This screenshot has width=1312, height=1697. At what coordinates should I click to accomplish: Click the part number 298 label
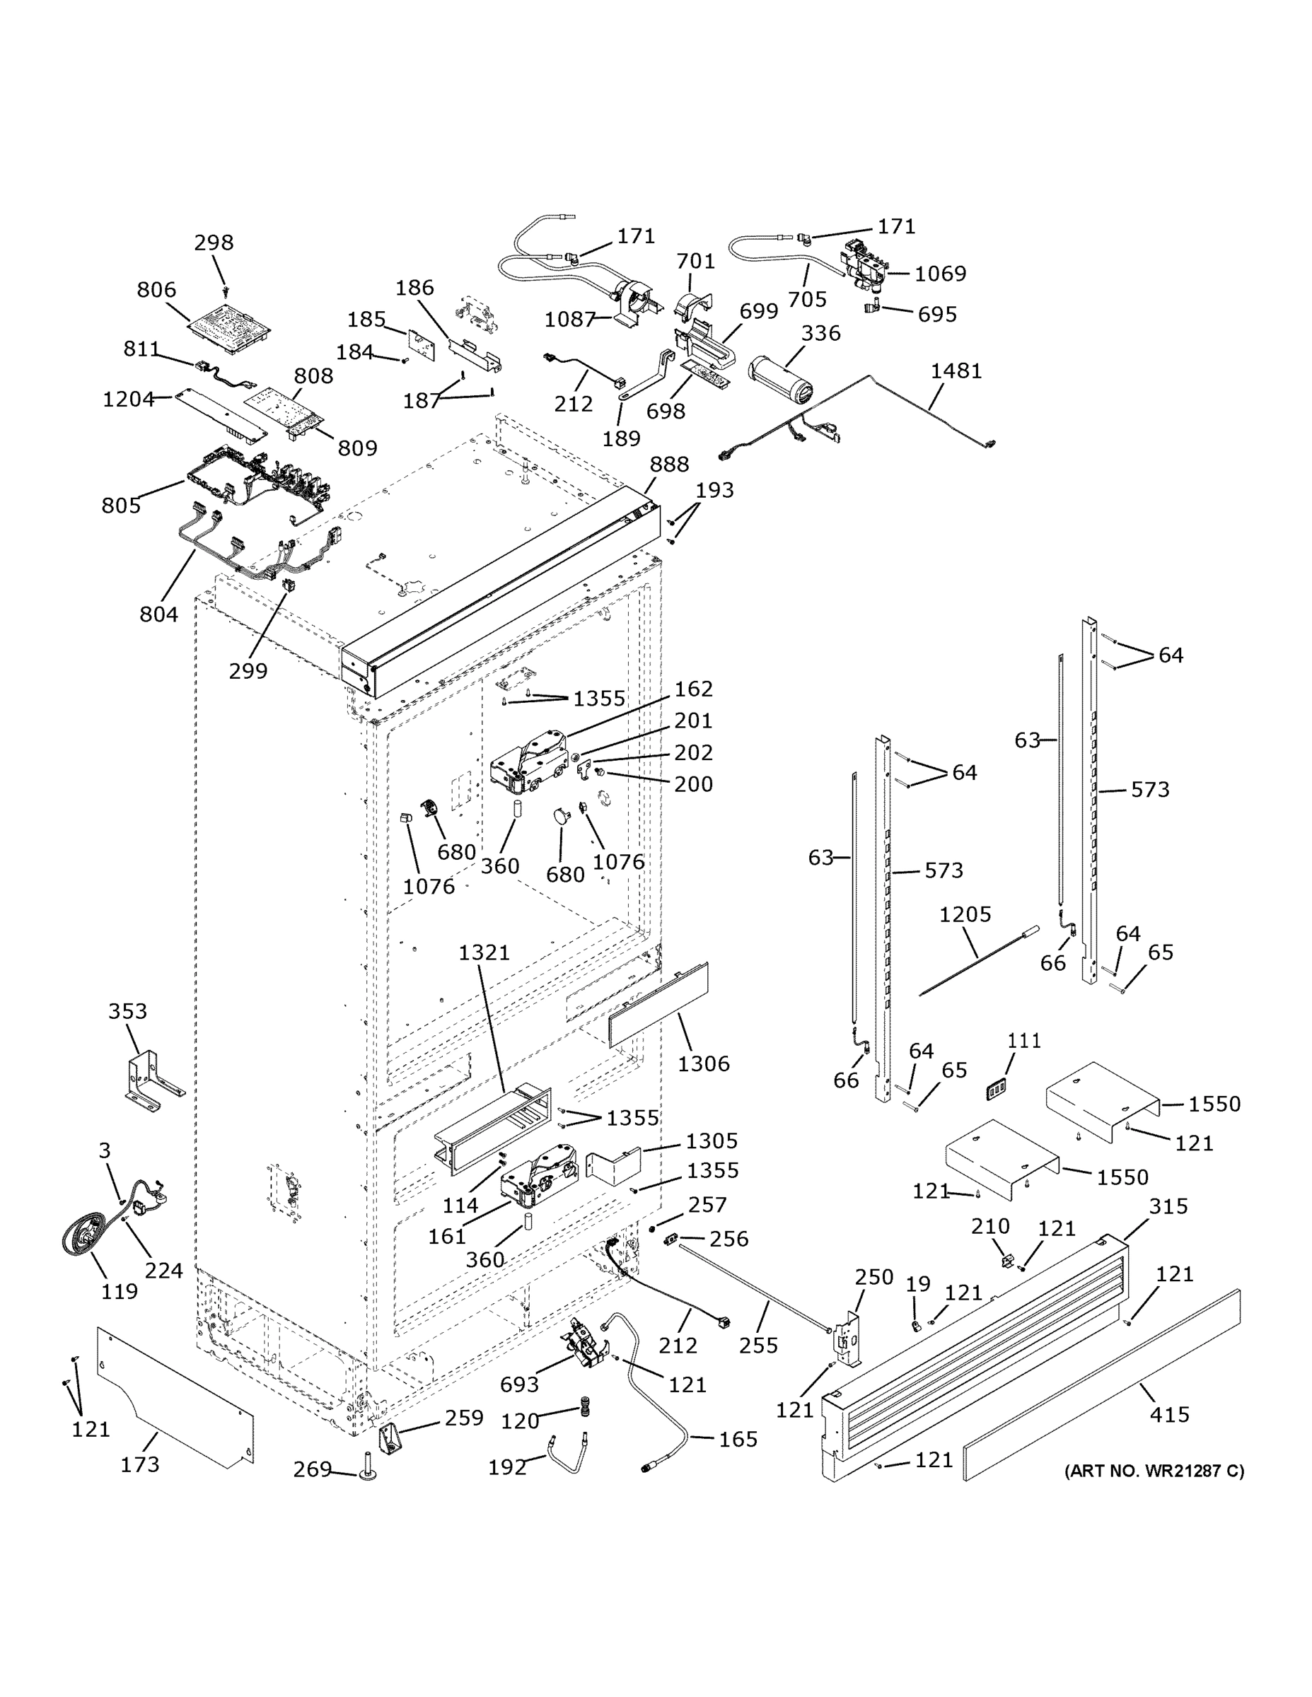click(x=214, y=243)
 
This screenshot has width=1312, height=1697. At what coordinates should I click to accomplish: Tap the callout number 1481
click(x=956, y=371)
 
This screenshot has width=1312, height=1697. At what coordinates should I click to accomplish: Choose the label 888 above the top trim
click(x=668, y=465)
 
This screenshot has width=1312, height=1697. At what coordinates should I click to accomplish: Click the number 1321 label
click(x=484, y=952)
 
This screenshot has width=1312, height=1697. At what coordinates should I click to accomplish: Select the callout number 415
click(x=1169, y=1414)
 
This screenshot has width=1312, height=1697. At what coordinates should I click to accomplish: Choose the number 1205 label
click(x=965, y=914)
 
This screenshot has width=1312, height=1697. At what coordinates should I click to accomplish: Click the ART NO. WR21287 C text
click(x=1154, y=1471)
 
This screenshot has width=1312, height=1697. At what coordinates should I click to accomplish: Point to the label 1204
click(x=128, y=400)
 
